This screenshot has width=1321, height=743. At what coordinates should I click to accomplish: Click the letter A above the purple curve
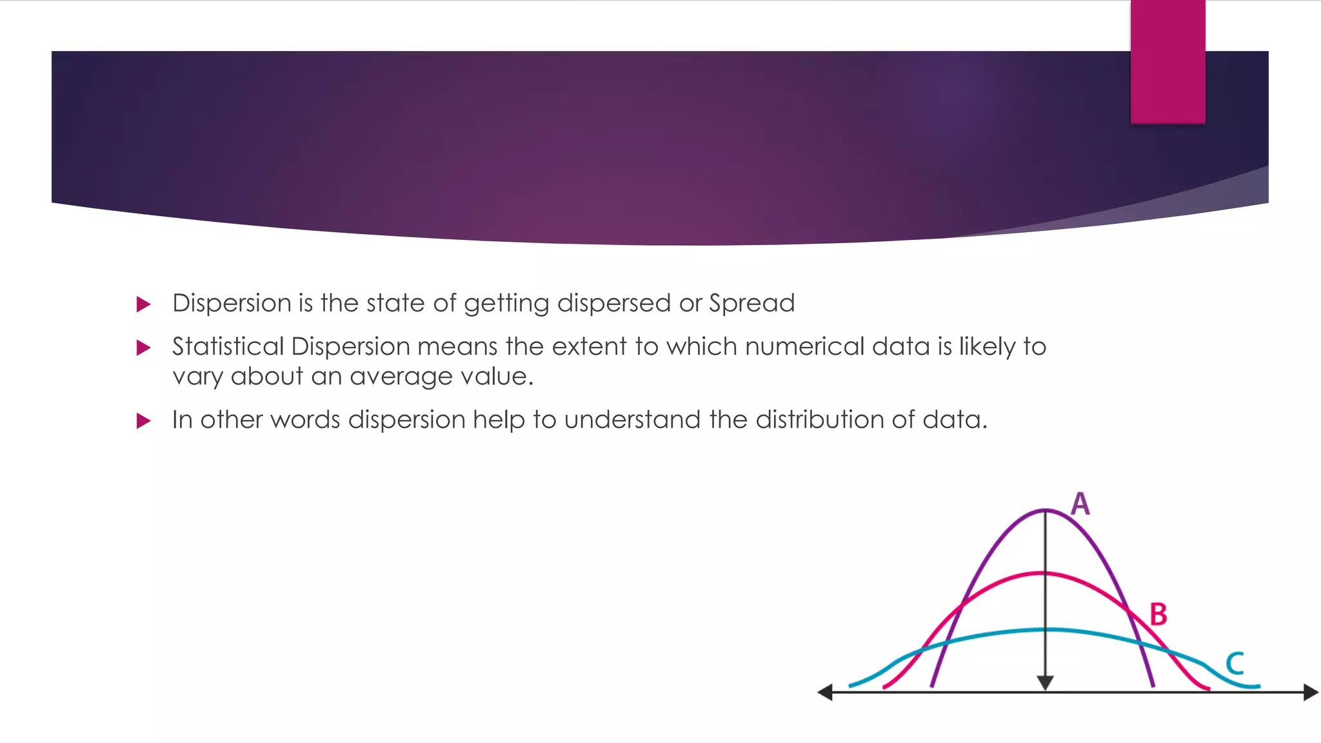coord(1080,504)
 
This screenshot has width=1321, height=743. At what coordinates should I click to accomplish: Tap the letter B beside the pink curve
coord(1158,614)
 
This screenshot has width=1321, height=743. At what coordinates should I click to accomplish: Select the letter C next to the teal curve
coord(1235,663)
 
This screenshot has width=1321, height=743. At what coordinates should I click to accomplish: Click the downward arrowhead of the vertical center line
coord(1046,683)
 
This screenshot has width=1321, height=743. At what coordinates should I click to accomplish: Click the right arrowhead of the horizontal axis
coord(1311,693)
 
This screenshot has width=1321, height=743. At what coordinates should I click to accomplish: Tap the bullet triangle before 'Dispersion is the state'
coord(144,304)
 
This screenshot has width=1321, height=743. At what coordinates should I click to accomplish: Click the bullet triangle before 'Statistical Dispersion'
coord(144,348)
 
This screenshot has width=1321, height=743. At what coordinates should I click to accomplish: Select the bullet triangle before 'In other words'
coord(144,421)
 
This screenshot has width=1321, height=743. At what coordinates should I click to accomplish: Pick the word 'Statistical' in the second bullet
coord(228,347)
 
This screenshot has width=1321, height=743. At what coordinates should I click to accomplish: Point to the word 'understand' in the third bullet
coord(632,420)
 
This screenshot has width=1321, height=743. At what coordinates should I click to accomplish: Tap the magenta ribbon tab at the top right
coord(1167,61)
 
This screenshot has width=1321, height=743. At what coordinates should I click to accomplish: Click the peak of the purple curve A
coord(1046,511)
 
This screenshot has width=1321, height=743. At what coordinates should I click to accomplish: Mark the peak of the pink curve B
coord(1046,573)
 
